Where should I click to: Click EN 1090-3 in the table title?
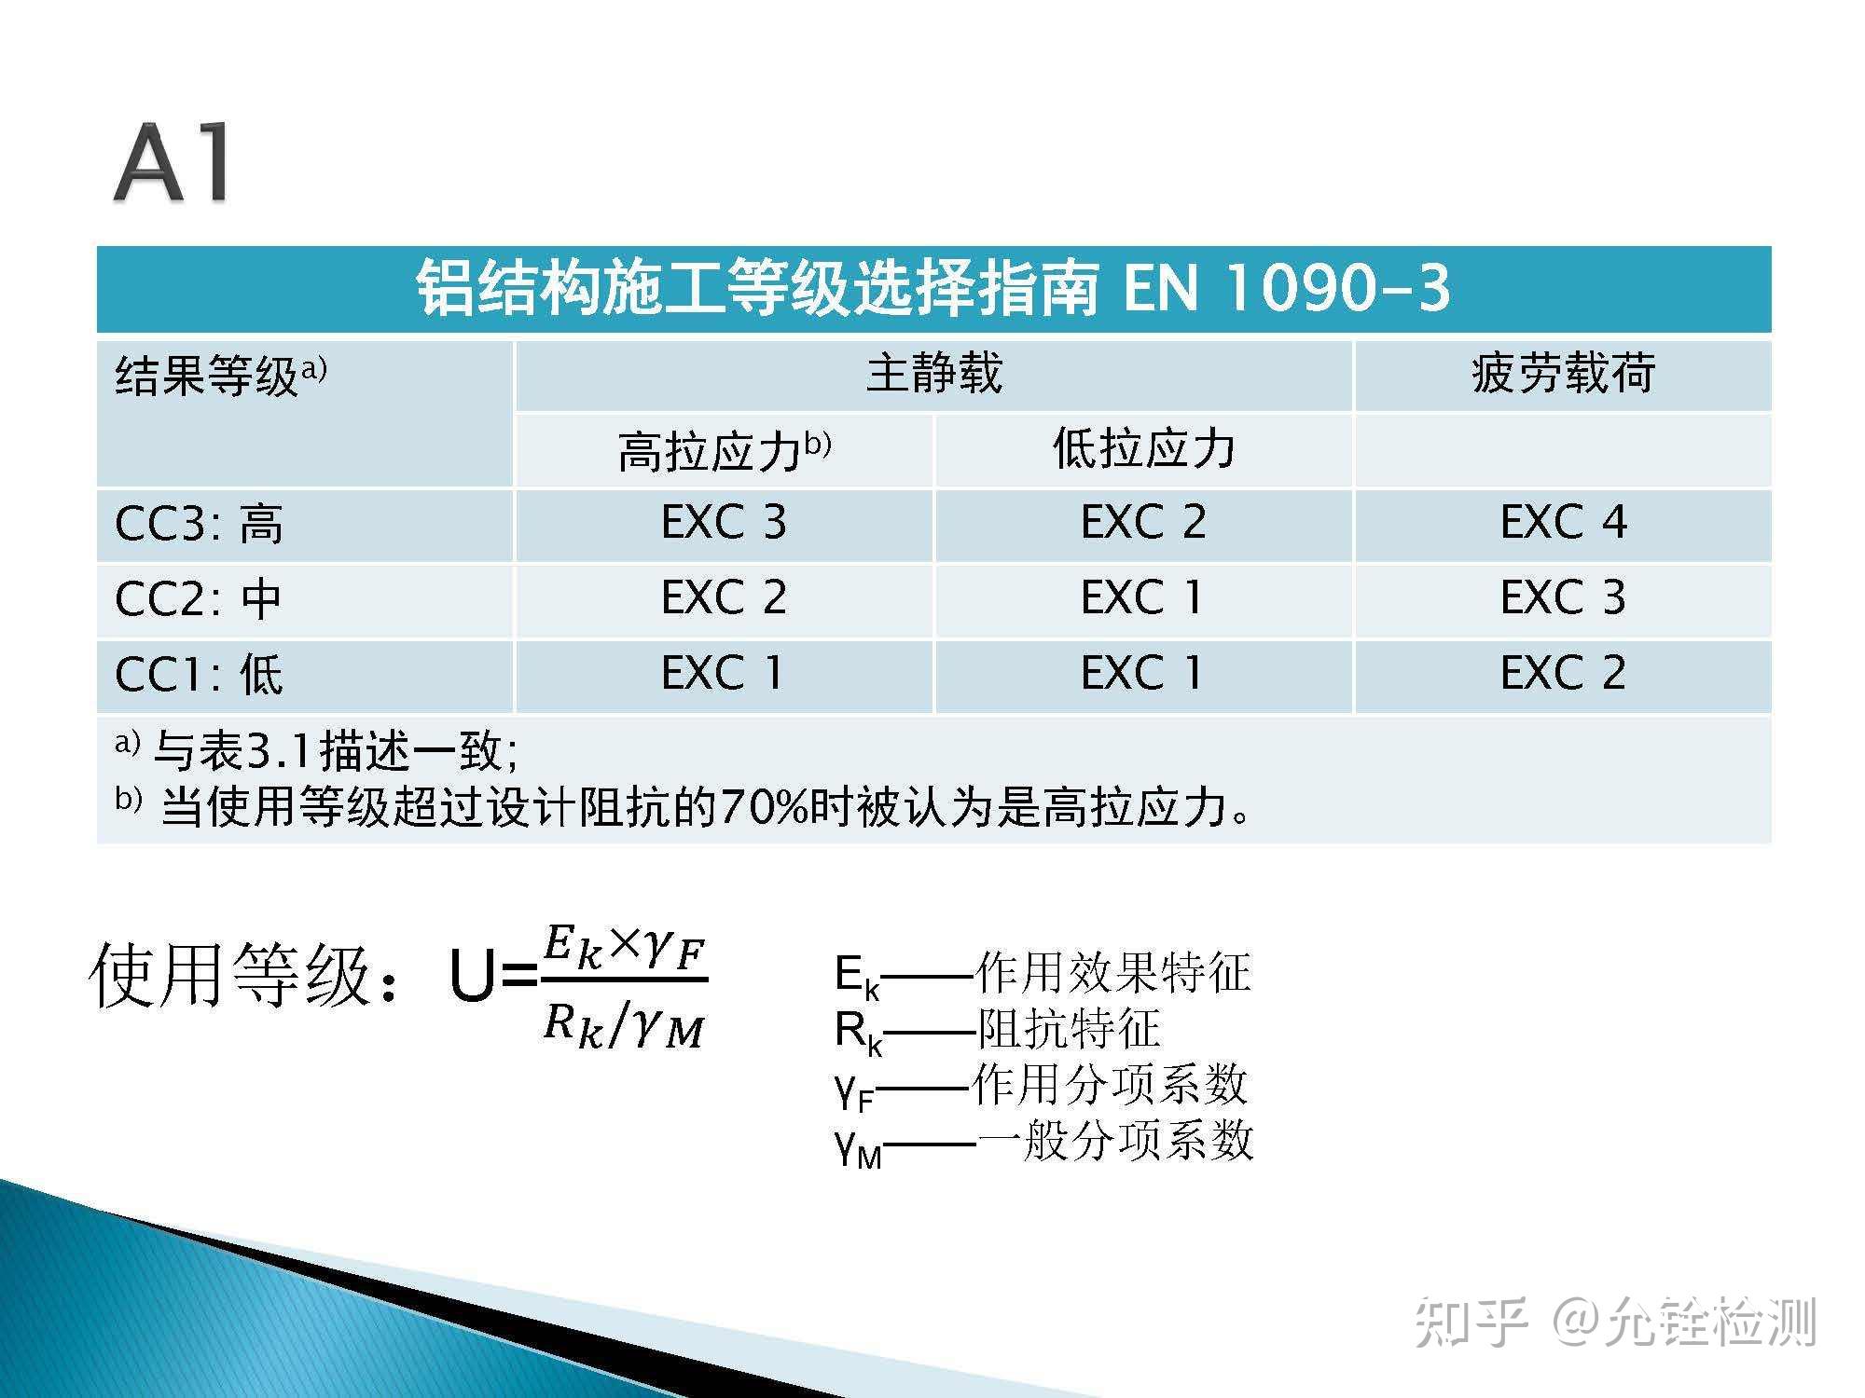click(1286, 287)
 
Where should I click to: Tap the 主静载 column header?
click(933, 374)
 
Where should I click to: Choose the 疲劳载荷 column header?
click(1563, 374)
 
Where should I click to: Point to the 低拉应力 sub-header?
click(1143, 449)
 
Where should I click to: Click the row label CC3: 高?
click(199, 524)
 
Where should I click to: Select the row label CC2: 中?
click(198, 599)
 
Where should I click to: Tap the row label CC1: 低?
click(199, 675)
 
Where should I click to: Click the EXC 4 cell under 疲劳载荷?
click(1563, 522)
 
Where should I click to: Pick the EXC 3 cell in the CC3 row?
click(724, 522)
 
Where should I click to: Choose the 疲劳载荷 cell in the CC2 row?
click(1563, 597)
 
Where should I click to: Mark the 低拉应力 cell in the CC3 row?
click(1143, 522)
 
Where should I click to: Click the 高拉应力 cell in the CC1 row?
click(724, 673)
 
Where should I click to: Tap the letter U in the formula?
click(472, 976)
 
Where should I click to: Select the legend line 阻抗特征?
click(998, 1030)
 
